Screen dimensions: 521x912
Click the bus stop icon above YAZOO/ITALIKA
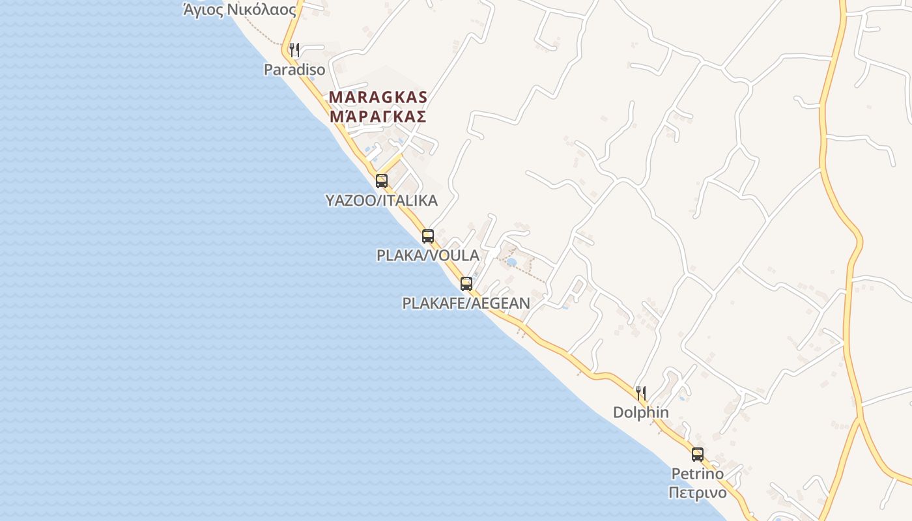point(382,181)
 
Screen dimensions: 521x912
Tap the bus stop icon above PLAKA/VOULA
point(428,236)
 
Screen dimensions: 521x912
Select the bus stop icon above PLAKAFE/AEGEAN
point(466,284)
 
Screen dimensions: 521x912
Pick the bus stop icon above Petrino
point(698,455)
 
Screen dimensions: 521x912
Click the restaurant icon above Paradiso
point(294,49)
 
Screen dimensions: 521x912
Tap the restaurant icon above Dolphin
point(641,393)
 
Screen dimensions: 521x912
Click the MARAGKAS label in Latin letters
point(378,98)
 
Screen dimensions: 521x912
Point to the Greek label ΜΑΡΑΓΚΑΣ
point(378,117)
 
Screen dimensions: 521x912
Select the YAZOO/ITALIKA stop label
point(382,201)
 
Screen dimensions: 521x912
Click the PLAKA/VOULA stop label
point(428,255)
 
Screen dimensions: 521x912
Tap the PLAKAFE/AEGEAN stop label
point(466,303)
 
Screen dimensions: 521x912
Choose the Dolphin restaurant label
point(641,412)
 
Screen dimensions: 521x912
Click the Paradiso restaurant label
point(294,69)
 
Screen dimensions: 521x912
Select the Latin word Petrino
point(698,473)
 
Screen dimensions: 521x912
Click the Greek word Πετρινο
point(698,492)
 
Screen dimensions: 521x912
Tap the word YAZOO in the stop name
point(350,201)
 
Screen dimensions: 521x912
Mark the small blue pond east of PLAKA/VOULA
point(511,262)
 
